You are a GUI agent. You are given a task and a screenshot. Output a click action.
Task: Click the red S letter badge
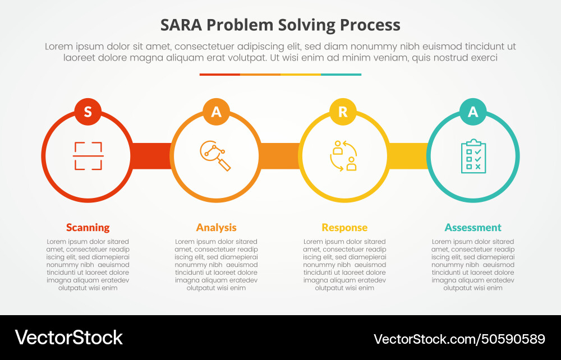[88, 112]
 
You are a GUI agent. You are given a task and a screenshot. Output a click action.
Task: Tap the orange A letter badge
[216, 112]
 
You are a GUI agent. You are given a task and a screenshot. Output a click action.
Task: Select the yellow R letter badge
[343, 112]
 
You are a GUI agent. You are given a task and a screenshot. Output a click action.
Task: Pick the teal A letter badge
[473, 112]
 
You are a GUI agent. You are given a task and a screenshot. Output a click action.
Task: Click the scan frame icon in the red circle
[88, 156]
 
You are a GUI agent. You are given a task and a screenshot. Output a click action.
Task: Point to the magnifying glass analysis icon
[215, 155]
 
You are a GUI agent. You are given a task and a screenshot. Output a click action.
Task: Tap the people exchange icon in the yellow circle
[343, 155]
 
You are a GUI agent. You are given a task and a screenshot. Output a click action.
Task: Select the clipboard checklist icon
[473, 156]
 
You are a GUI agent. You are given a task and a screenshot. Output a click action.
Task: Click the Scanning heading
[88, 227]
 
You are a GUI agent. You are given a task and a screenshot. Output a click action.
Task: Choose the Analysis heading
[216, 227]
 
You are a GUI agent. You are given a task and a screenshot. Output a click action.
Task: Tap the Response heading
[344, 227]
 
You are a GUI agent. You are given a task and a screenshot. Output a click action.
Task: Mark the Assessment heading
[473, 227]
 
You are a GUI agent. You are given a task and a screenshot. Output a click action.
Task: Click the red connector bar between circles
[151, 156]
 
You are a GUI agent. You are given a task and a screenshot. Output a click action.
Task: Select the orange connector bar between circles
[279, 156]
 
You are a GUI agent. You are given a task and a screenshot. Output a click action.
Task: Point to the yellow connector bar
[408, 156]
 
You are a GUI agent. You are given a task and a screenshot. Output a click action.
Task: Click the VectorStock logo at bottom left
[68, 337]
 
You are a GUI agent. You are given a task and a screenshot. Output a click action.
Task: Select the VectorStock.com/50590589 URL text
[459, 339]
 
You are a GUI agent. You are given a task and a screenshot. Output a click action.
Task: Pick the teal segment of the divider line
[341, 74]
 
